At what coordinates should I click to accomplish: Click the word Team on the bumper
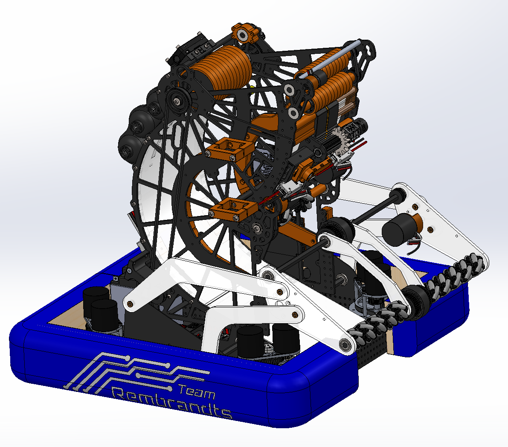(196, 391)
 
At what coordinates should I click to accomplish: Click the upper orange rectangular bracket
(229, 149)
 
